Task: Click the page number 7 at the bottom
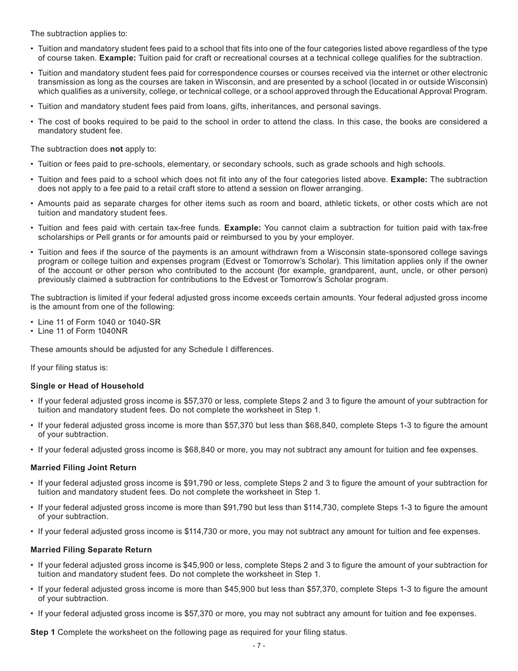[259, 646]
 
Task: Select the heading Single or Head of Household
[87, 386]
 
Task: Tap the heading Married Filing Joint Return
[83, 468]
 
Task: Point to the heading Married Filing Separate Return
[91, 549]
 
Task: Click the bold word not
[117, 149]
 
